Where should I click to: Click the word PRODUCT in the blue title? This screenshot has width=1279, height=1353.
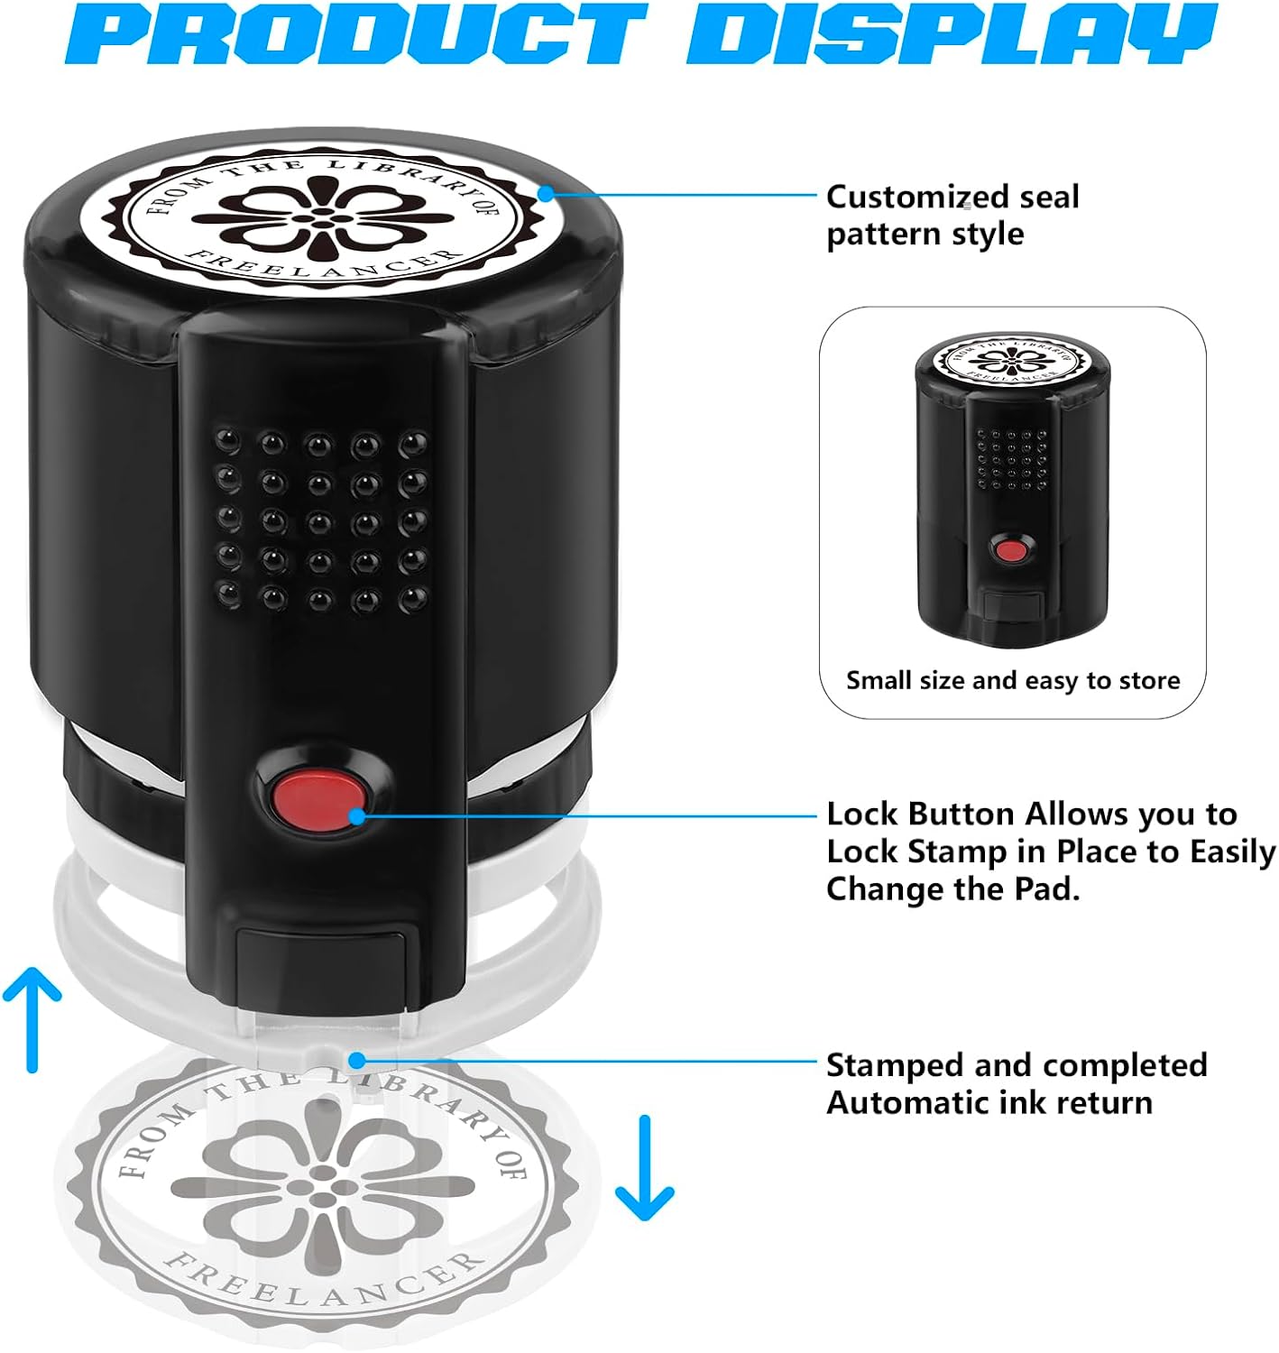(356, 33)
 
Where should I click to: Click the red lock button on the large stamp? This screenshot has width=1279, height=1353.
(318, 800)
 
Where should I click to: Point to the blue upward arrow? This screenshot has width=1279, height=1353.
(32, 1019)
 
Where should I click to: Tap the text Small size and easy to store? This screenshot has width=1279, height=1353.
(1013, 680)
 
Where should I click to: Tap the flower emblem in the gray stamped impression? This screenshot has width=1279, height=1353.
(322, 1186)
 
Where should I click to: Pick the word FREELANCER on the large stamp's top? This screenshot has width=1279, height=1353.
(322, 265)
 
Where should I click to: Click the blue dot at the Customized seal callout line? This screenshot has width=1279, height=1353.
(545, 194)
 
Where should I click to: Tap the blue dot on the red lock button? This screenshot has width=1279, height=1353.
(356, 816)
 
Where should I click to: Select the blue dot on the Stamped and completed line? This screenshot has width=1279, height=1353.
(356, 1060)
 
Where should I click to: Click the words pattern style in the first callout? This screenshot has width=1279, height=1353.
(925, 235)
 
